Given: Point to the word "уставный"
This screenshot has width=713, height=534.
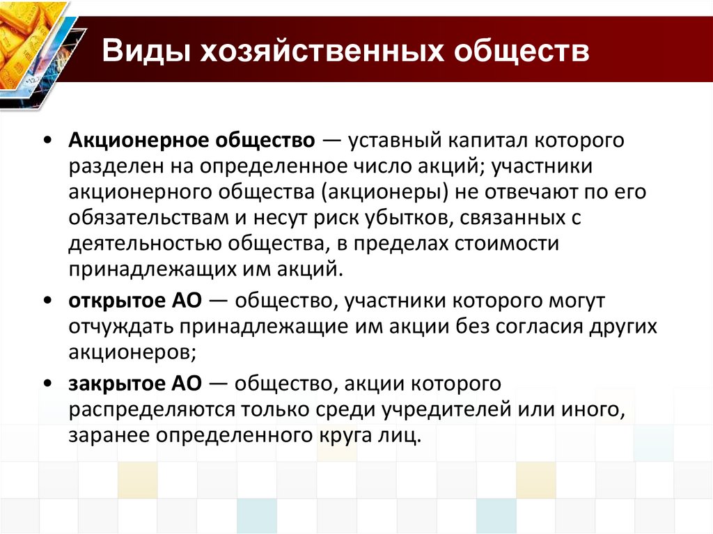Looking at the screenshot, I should pos(394,141).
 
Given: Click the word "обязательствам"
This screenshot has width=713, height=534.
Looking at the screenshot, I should pos(147,219).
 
